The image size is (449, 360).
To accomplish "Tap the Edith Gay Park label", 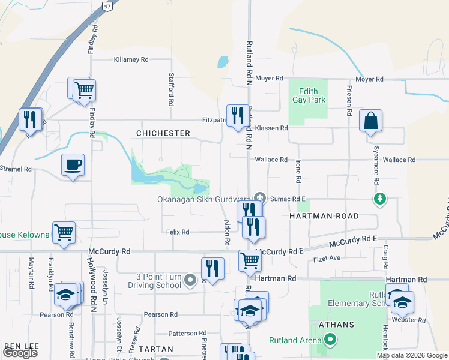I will [x=308, y=95].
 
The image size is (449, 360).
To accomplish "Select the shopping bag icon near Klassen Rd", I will [x=371, y=120].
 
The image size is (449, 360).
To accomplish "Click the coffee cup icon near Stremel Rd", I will [x=73, y=164].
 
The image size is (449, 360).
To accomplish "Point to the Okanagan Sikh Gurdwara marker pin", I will [x=259, y=197].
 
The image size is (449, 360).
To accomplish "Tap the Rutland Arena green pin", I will [x=330, y=340].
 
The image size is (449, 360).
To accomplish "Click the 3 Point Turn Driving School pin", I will [x=190, y=280].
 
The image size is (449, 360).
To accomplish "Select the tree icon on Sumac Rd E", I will [x=379, y=199].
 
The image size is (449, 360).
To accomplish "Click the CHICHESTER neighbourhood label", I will [x=163, y=133].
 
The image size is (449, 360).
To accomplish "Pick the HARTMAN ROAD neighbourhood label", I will [x=324, y=216].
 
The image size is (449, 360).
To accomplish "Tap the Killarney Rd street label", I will [x=131, y=60].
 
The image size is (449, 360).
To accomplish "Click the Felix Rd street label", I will [x=177, y=232].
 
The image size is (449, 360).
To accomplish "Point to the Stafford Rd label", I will [x=171, y=95].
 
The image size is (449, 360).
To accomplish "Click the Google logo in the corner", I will [x=20, y=353].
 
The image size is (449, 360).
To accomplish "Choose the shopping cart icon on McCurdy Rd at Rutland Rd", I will [x=250, y=260].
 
